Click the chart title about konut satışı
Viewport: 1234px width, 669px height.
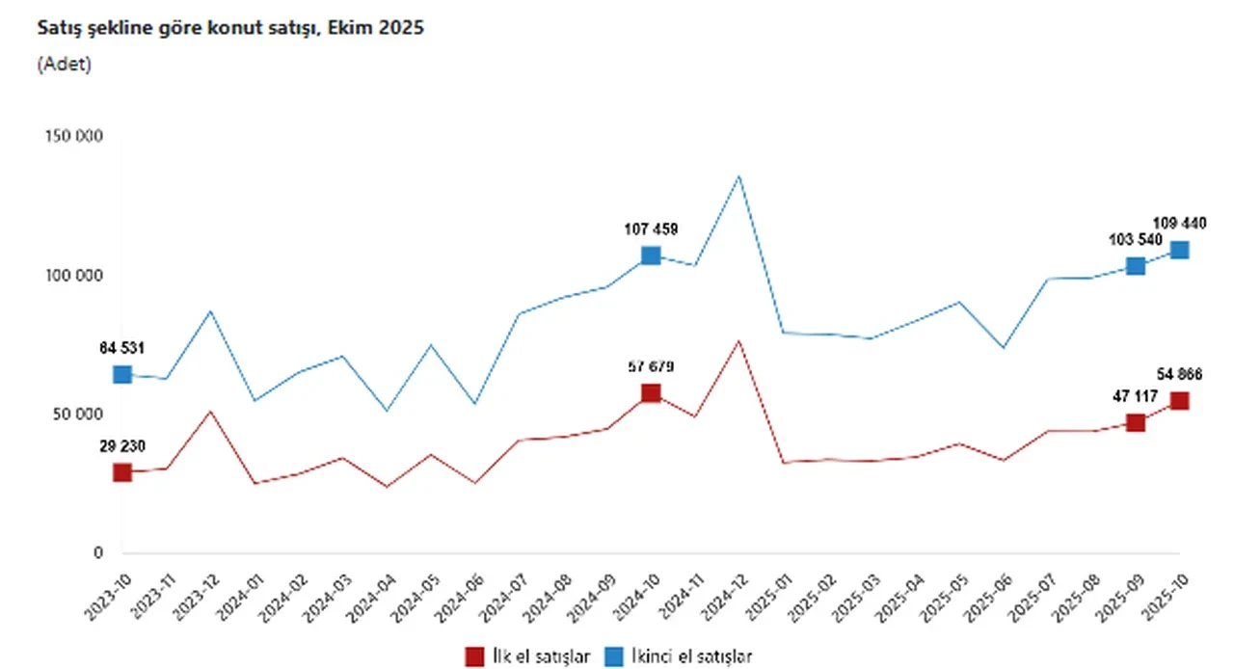tap(230, 28)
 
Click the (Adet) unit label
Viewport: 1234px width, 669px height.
tap(64, 65)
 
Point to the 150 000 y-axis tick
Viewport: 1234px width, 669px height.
tap(74, 137)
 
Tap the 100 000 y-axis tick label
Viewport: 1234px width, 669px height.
tap(74, 276)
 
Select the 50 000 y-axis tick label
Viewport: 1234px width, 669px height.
tap(77, 415)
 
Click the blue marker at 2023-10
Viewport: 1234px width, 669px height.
tap(122, 374)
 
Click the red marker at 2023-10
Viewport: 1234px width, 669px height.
tap(122, 472)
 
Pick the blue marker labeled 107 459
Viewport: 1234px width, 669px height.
tap(651, 255)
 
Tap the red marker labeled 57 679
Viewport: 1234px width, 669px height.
tap(651, 393)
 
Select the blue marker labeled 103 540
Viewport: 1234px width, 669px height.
tap(1136, 266)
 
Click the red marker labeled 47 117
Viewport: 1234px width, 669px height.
tap(1136, 422)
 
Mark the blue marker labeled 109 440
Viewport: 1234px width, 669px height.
tap(1179, 250)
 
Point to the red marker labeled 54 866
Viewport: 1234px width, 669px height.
tap(1179, 401)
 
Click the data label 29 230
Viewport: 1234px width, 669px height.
tap(122, 447)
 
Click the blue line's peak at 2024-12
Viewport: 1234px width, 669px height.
tap(738, 176)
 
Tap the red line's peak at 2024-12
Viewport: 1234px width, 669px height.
tap(738, 341)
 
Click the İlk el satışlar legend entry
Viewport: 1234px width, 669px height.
tap(528, 656)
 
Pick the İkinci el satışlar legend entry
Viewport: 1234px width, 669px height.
tap(679, 656)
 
